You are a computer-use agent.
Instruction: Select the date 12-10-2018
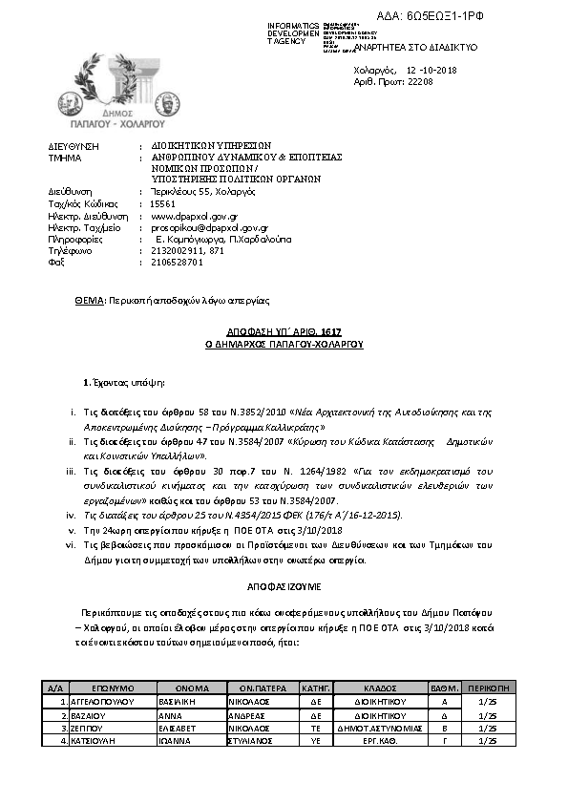(x=431, y=70)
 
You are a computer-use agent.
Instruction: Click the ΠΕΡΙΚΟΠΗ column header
(x=489, y=688)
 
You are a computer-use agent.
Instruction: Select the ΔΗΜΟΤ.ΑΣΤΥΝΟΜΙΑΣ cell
(x=380, y=727)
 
